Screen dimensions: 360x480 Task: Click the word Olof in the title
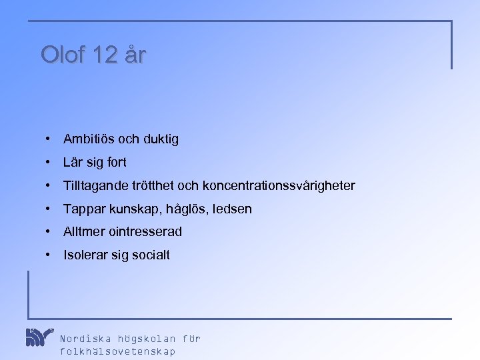[x=61, y=55]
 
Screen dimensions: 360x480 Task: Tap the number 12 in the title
[x=104, y=55]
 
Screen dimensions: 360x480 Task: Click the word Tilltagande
[x=95, y=186]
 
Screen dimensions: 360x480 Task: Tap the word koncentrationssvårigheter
[x=279, y=186]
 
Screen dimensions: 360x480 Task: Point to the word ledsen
[x=231, y=209]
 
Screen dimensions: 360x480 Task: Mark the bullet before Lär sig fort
[x=49, y=163]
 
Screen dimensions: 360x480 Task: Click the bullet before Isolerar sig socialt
[x=49, y=255]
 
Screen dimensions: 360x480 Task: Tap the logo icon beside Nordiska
[x=39, y=337]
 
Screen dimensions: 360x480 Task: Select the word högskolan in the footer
[x=145, y=339]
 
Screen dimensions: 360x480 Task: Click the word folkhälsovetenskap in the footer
[x=118, y=351]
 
